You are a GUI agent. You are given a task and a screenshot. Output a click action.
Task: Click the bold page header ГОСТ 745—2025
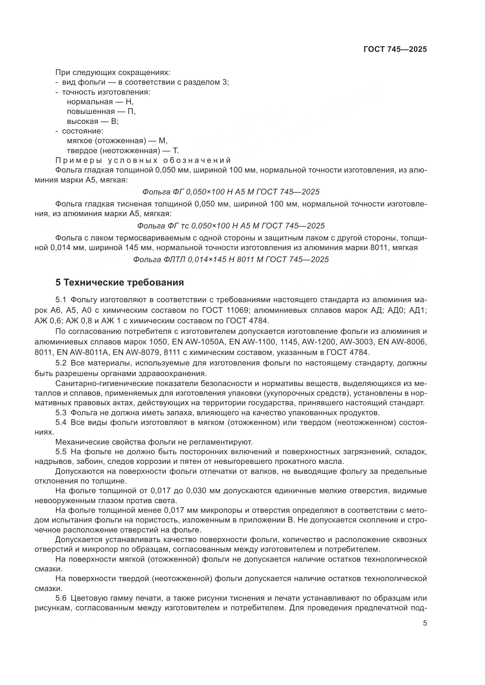pos(395,49)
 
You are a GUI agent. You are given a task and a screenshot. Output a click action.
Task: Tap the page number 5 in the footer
pos(425,623)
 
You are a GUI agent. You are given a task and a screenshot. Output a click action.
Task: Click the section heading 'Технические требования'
pos(124,282)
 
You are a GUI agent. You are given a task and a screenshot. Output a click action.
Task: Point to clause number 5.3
pos(61,413)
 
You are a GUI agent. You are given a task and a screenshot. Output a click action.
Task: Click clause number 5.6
pos(61,598)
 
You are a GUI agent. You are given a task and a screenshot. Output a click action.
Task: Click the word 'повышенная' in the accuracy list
pos(91,112)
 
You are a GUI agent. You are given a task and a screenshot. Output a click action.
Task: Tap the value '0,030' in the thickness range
pos(197,491)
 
